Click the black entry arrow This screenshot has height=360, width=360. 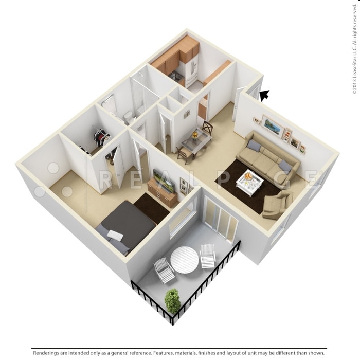coord(264,95)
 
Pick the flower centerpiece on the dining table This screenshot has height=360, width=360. coord(195,135)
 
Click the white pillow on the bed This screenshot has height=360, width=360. coord(115,236)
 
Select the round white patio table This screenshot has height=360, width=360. coord(184,259)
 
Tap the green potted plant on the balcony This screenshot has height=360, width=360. coord(173,300)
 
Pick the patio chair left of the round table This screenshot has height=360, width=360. coord(164,269)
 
